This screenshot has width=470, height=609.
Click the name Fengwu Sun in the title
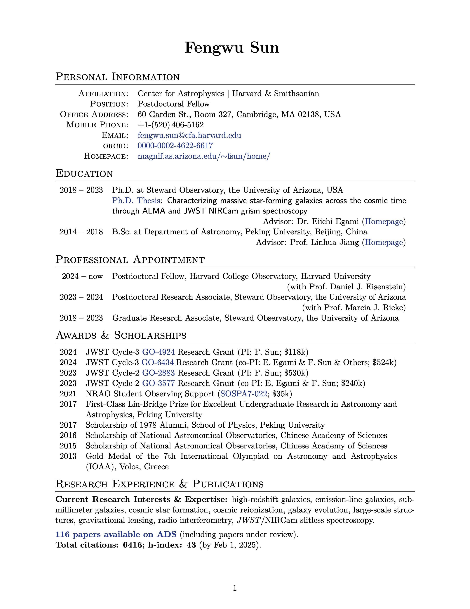tap(232, 47)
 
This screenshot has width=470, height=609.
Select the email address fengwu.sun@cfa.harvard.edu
tap(189, 135)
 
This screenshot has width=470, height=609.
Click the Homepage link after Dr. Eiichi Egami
tap(384, 221)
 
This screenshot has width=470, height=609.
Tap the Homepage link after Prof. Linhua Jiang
tap(384, 242)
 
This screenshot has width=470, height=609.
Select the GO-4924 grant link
tap(159, 352)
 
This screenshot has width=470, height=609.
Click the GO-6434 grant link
tap(158, 362)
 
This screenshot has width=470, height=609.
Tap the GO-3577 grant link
tap(159, 383)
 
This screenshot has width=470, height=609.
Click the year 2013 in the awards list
tap(68, 456)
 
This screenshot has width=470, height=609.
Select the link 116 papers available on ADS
tap(116, 534)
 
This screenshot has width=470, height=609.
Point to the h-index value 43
tap(191, 545)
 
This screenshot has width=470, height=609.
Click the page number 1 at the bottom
tap(235, 588)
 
